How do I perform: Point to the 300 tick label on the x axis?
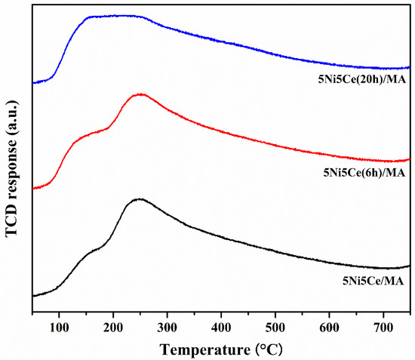167,326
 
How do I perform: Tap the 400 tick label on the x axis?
221,326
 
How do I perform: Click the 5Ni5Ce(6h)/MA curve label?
363,173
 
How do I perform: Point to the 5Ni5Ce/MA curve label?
373,281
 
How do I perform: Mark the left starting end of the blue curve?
33,82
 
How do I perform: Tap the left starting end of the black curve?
33,296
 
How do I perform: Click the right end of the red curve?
410,158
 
